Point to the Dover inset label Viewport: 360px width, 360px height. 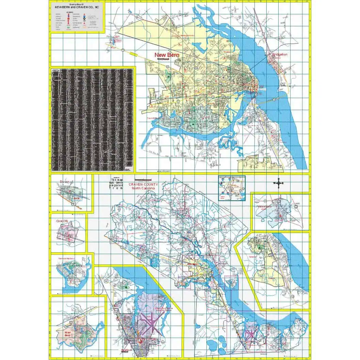click(x=64, y=182)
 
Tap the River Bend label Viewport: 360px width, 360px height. click(x=69, y=334)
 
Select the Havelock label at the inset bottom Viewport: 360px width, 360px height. click(x=126, y=350)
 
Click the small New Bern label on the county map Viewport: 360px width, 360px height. click(x=192, y=264)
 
